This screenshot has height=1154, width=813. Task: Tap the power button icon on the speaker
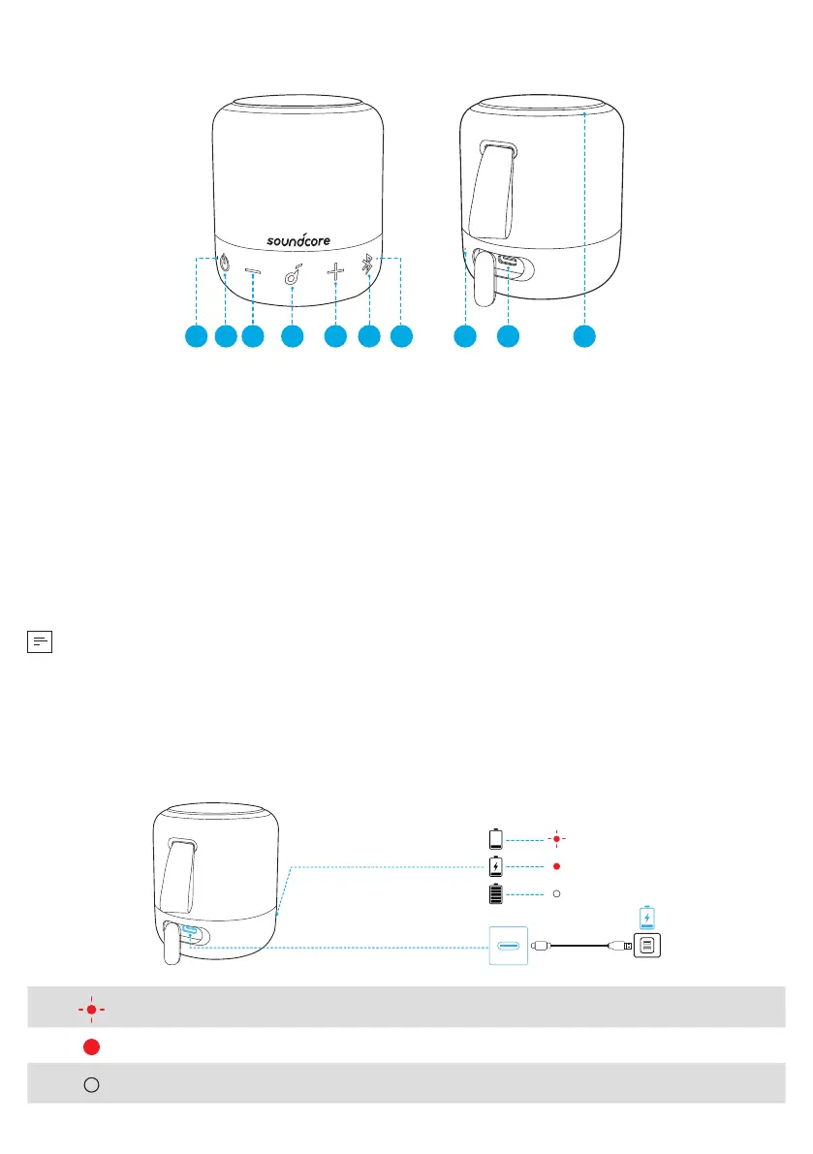[225, 263]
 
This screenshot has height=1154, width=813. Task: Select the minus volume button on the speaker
[253, 274]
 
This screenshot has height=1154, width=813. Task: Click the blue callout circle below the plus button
[334, 336]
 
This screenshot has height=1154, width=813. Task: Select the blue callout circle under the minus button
[253, 336]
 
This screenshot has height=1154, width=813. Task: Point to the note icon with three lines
[39, 640]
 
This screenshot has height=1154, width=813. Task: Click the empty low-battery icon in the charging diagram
[496, 838]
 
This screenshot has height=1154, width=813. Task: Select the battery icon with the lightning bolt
[496, 865]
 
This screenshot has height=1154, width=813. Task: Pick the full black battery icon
[496, 892]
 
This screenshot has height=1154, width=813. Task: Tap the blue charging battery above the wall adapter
[647, 916]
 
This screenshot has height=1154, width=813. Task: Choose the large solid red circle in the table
[90, 1046]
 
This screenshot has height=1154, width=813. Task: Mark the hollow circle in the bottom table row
[90, 1084]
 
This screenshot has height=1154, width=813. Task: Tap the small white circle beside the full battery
[556, 892]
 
